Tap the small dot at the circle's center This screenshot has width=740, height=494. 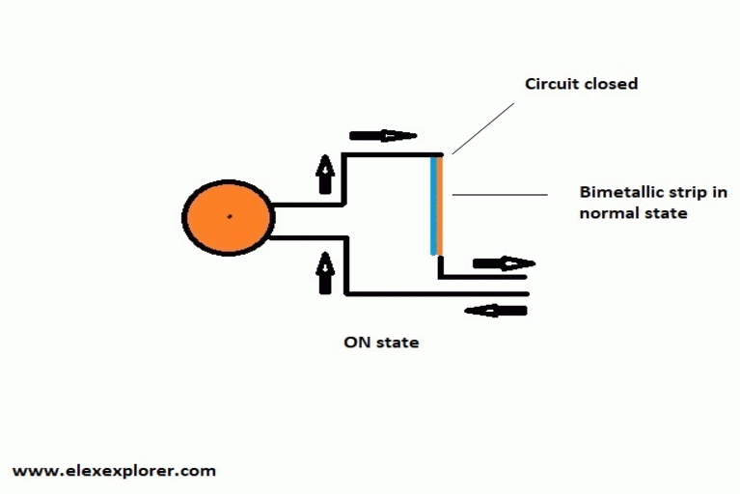tap(229, 216)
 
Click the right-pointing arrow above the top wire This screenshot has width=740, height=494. tap(382, 136)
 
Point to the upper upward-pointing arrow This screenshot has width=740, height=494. tap(325, 175)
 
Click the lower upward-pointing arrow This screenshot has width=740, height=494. tap(325, 271)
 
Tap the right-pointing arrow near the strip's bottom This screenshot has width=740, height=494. tap(503, 262)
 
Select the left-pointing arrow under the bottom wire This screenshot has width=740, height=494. tap(496, 311)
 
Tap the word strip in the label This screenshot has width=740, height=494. tap(690, 193)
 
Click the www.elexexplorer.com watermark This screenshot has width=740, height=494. tap(114, 471)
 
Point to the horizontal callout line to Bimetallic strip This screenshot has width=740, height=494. tap(499, 196)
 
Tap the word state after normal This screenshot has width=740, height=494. tap(665, 212)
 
